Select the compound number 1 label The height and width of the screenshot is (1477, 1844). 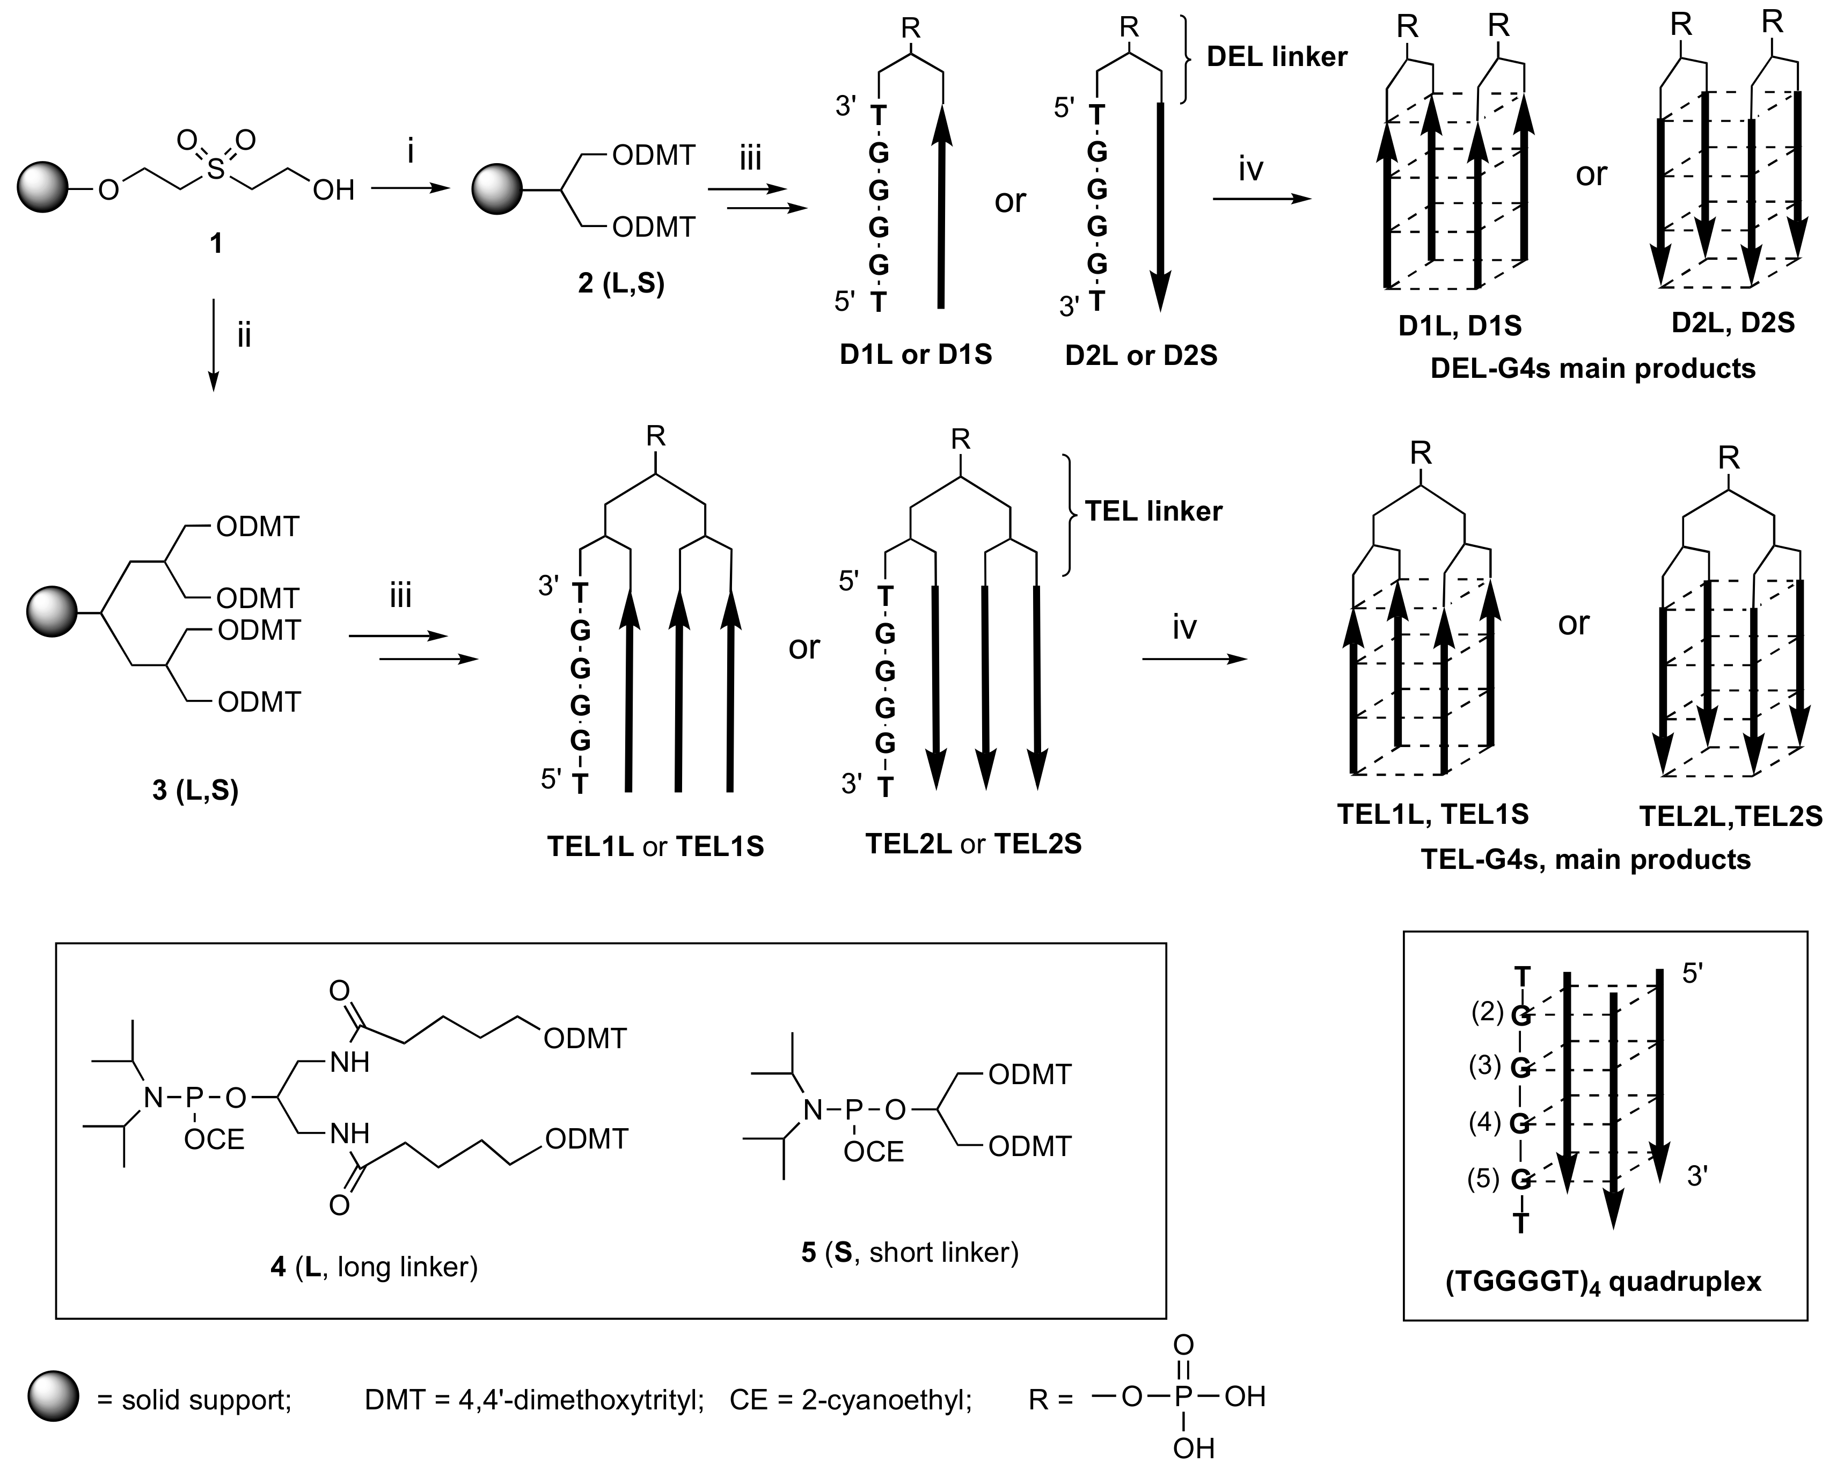(216, 244)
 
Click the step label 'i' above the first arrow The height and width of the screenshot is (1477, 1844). (411, 152)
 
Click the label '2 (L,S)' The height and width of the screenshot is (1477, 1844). (621, 283)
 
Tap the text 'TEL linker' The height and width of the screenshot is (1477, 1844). (1154, 511)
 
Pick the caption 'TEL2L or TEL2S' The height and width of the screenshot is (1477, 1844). (974, 844)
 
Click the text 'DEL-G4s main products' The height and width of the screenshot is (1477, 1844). (1592, 369)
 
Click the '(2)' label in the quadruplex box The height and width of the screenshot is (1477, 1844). (1487, 1013)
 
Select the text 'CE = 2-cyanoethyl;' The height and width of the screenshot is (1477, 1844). (851, 1400)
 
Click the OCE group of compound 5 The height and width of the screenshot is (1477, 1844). (873, 1152)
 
